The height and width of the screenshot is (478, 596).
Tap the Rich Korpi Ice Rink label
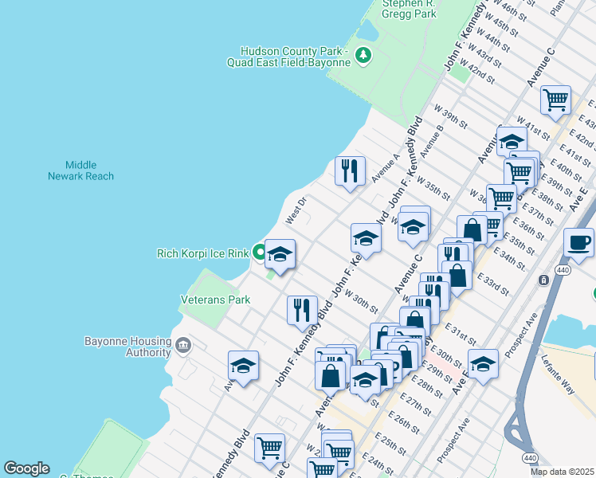(x=203, y=254)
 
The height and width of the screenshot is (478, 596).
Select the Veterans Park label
(x=215, y=300)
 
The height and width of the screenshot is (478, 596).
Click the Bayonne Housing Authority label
(x=127, y=347)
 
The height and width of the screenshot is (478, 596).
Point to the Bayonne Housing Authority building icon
(x=184, y=345)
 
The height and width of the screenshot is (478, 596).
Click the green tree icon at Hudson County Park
(x=363, y=55)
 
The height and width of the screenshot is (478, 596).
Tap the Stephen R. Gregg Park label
(x=409, y=9)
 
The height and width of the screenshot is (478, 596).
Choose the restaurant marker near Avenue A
(x=351, y=170)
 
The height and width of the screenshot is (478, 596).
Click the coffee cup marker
(x=578, y=241)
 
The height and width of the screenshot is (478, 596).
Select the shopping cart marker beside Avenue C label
(x=555, y=100)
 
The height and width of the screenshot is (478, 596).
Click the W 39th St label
(x=450, y=115)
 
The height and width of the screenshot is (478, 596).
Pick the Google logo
(x=26, y=468)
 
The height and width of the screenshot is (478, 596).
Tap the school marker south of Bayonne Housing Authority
(x=243, y=366)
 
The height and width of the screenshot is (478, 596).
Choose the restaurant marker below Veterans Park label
(x=302, y=309)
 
